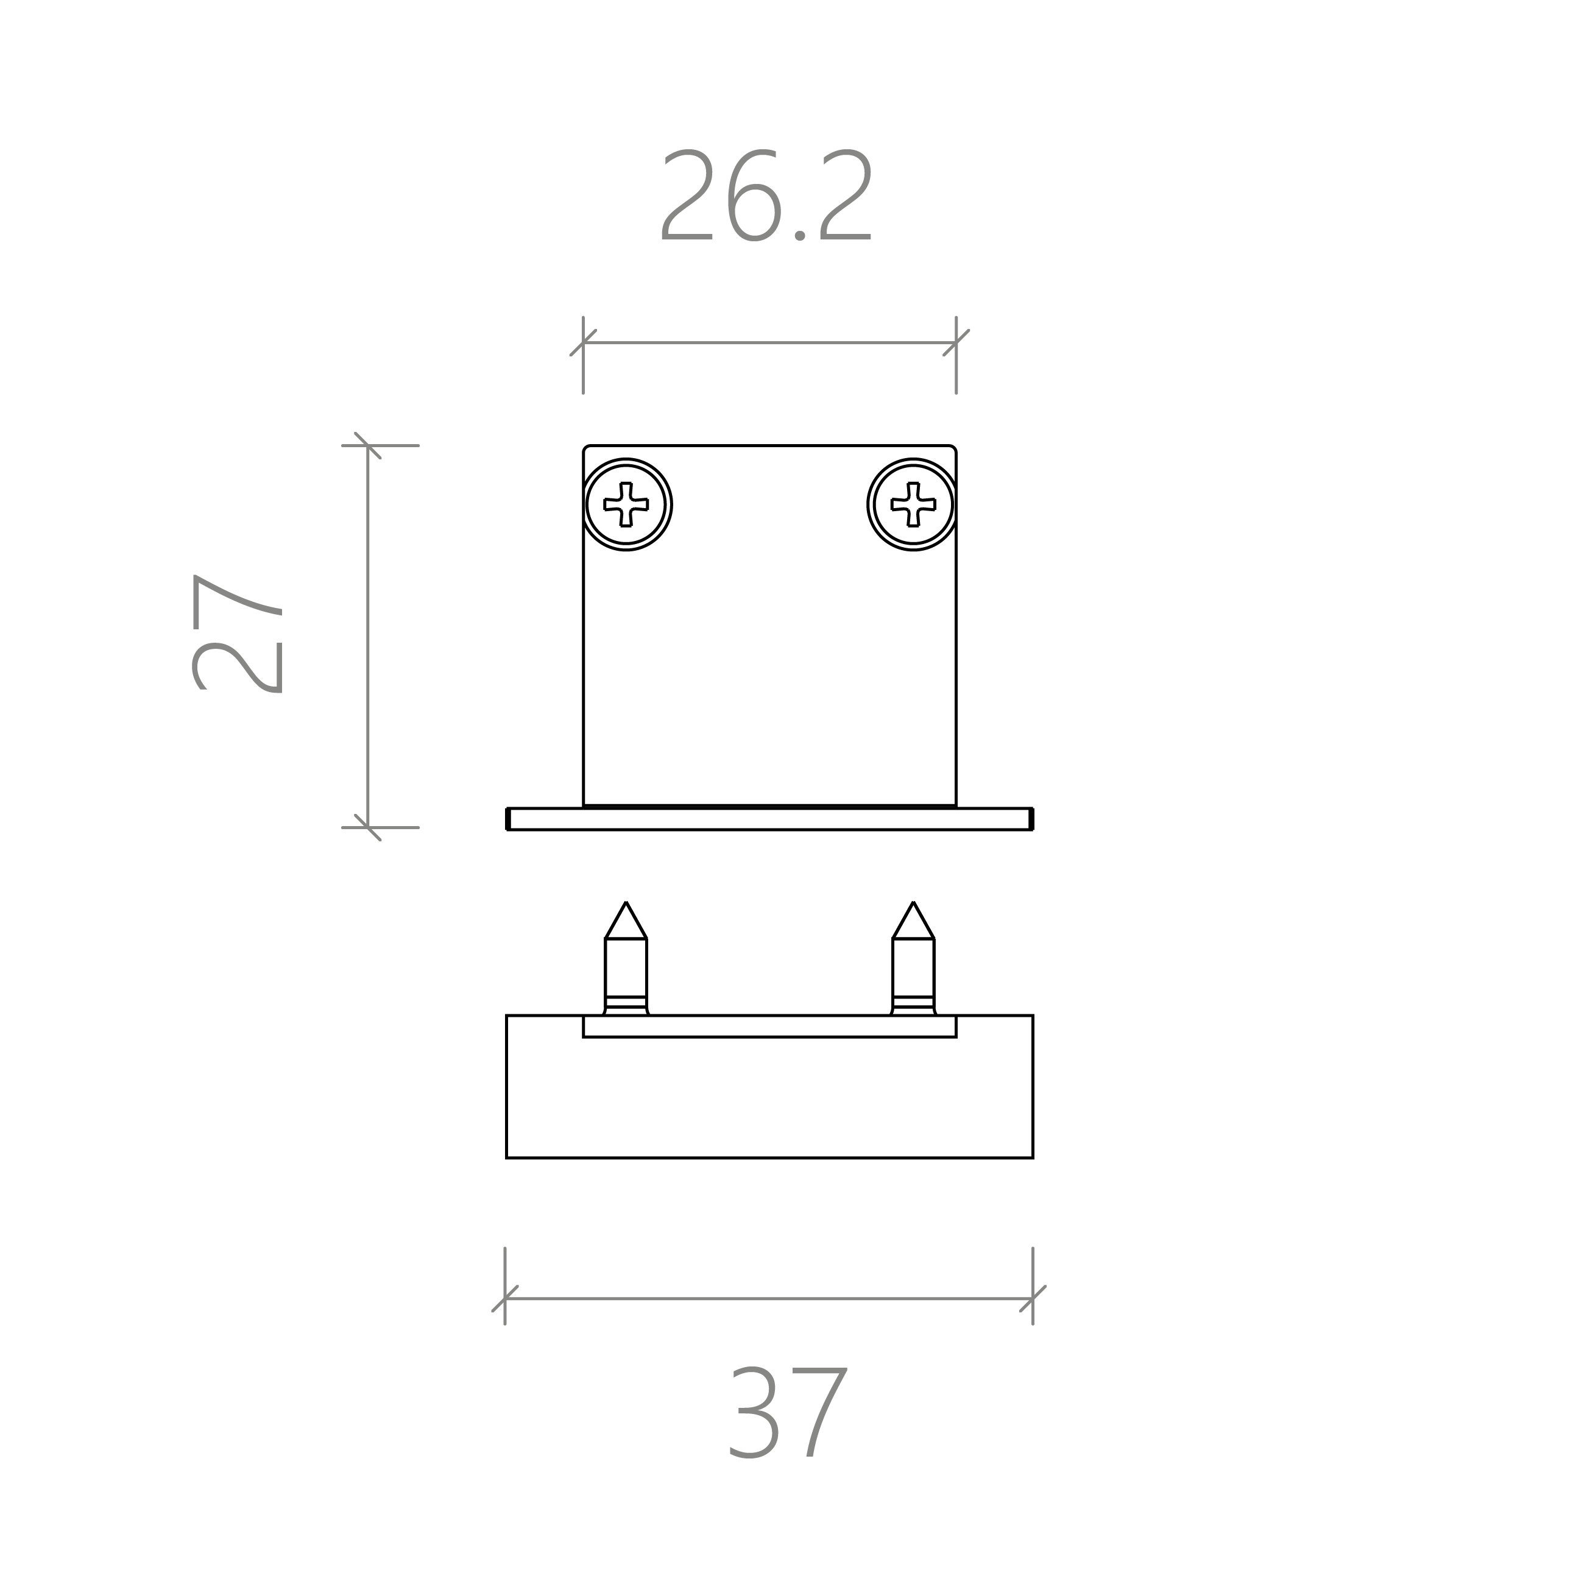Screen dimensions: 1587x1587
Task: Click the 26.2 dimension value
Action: coord(766,195)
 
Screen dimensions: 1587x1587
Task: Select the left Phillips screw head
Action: coord(626,504)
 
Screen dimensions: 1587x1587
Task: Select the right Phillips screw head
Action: coord(913,504)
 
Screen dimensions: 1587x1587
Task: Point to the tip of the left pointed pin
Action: coord(626,902)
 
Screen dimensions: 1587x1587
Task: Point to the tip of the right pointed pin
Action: coord(913,902)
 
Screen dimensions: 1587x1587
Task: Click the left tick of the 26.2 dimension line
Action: coord(583,342)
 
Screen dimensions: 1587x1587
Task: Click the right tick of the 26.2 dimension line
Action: coord(956,342)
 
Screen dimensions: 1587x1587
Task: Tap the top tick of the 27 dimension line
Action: coord(368,445)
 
